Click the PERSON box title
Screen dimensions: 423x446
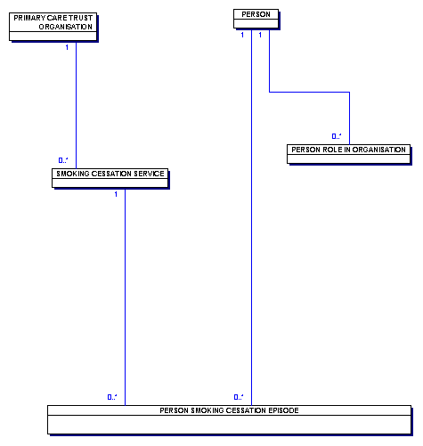tap(256, 14)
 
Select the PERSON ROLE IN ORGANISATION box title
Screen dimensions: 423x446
tap(348, 150)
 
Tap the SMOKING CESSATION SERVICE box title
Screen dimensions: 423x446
tap(110, 174)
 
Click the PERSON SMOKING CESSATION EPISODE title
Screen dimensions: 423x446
tap(229, 410)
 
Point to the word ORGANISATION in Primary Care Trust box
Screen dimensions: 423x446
tap(66, 27)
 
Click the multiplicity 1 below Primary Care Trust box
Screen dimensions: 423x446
tap(67, 47)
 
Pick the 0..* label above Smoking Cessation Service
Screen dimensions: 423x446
tap(63, 160)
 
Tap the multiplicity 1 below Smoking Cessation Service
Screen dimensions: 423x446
tap(116, 194)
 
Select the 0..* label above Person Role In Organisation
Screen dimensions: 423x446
tap(337, 136)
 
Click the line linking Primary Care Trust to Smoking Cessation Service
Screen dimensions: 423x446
tap(76, 105)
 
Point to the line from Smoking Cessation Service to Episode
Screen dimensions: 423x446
tap(125, 296)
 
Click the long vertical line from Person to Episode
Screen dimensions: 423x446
tap(251, 217)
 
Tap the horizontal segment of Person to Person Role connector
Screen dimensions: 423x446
tap(309, 93)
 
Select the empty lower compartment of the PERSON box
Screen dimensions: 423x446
tap(256, 24)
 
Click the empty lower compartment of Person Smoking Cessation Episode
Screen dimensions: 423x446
tap(229, 425)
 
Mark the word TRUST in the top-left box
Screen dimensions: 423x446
tap(81, 18)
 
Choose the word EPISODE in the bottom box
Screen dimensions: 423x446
tap(283, 410)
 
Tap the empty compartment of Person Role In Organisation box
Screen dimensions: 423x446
tap(348, 158)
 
